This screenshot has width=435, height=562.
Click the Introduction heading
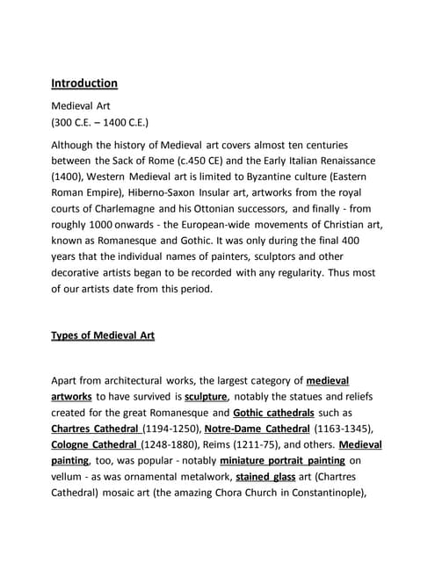84,83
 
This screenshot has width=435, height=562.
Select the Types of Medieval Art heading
103,335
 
